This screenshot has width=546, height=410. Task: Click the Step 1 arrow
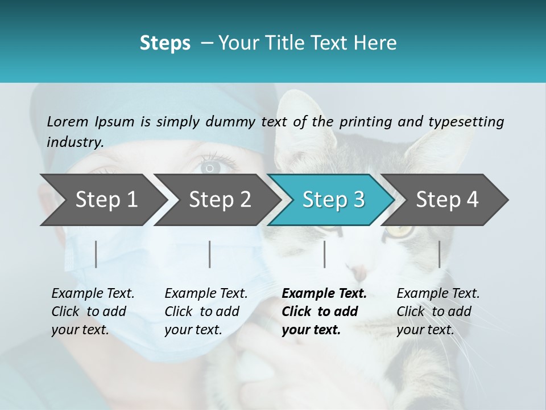tap(102, 200)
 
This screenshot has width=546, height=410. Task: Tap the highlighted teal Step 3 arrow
tap(332, 200)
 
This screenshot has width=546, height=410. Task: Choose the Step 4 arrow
tap(445, 200)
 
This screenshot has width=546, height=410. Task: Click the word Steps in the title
tap(165, 43)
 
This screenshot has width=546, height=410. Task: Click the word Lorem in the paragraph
tap(68, 121)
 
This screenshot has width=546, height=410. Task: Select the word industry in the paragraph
tap(75, 142)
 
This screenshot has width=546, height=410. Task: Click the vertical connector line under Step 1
tap(96, 254)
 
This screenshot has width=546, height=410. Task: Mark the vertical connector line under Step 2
tap(210, 254)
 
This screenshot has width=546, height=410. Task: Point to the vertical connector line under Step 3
tap(324, 254)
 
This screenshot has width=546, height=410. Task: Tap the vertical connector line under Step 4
tap(439, 254)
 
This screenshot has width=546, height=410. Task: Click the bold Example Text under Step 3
tap(324, 294)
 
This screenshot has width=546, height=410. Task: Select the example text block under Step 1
tap(93, 311)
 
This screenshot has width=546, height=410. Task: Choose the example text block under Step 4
tap(437, 311)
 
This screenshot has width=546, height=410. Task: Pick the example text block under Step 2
tap(206, 311)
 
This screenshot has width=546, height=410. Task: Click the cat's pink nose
tap(360, 272)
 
